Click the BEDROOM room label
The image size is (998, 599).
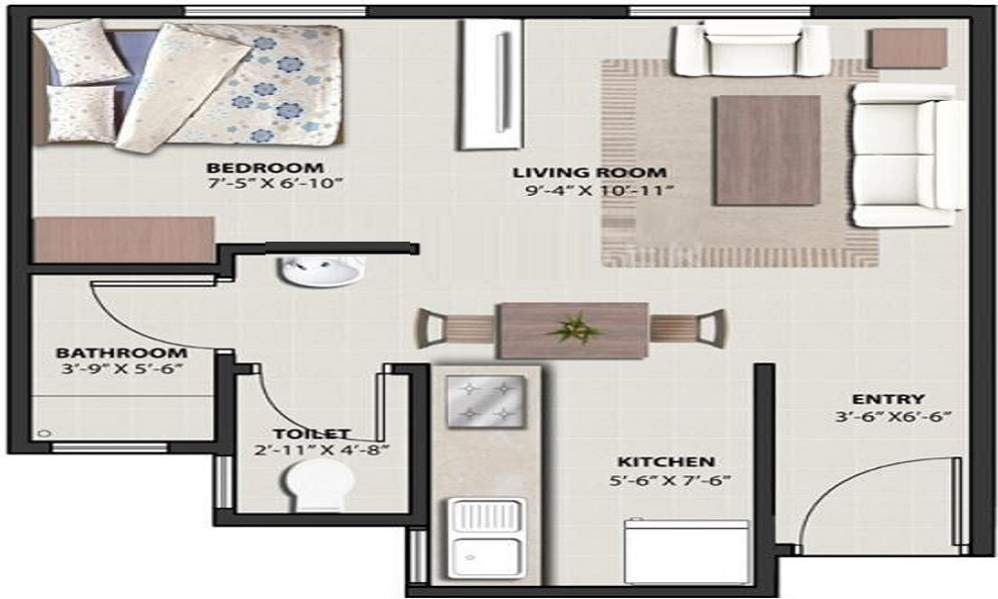click(x=264, y=167)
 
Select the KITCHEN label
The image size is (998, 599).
click(x=666, y=462)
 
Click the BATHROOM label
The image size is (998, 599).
click(x=121, y=352)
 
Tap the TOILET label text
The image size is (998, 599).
click(x=311, y=433)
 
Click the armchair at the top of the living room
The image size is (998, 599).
click(x=750, y=49)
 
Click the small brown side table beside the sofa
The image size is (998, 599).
click(x=907, y=48)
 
